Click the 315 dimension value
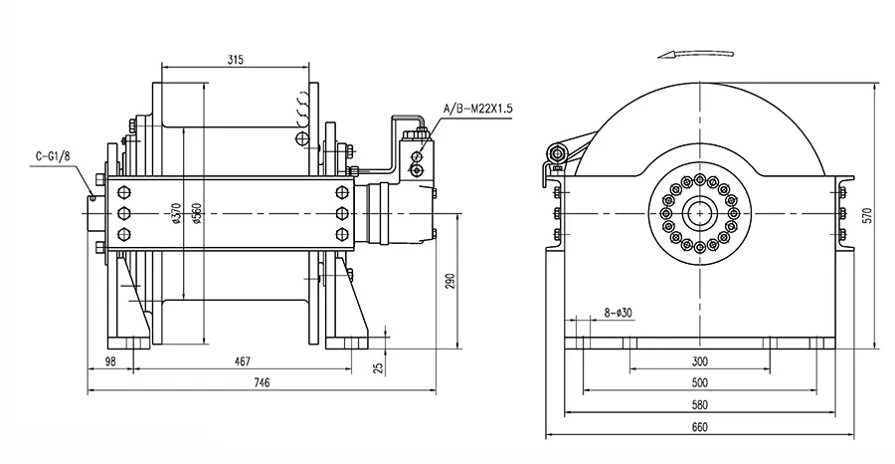point(235,60)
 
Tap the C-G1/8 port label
point(51,155)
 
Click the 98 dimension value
point(109,360)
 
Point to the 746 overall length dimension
point(261,382)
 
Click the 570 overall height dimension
point(866,214)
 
